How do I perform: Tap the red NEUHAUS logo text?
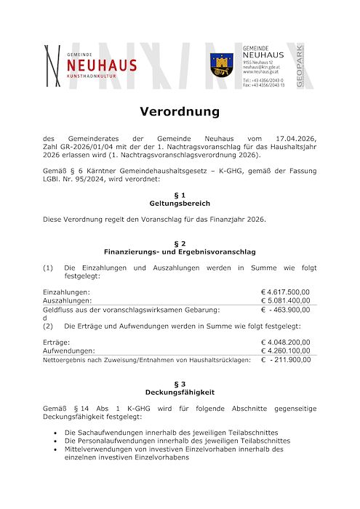pos(101,65)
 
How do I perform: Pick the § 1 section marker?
pos(180,196)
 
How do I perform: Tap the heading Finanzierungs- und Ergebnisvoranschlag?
pos(180,252)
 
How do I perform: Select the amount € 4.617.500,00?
pos(285,292)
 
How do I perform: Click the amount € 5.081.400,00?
pos(285,300)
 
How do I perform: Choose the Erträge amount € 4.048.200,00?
pos(285,342)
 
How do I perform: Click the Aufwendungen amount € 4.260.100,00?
pos(285,350)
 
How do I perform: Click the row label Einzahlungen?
pos(66,292)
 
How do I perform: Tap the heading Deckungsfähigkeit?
pos(180,392)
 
